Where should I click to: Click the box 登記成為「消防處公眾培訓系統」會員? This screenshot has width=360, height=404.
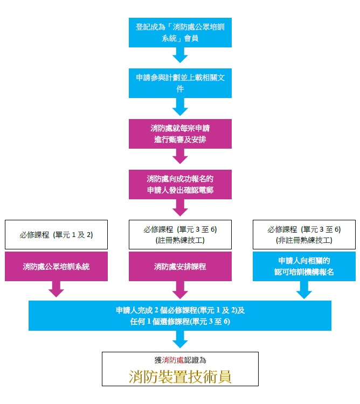(180, 32)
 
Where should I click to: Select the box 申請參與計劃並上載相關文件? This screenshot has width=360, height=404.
(180, 82)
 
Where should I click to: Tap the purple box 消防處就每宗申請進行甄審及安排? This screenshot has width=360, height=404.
(180, 134)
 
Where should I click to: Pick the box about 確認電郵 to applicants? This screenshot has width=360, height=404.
(180, 184)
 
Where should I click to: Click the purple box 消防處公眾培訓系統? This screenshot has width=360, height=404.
(56, 266)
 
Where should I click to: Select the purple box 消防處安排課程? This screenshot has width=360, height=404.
(180, 266)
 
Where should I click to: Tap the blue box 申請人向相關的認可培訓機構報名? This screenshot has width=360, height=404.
(304, 266)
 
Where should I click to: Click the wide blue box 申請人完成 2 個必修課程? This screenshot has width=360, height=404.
(180, 315)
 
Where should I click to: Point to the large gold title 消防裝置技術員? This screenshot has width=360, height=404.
(180, 376)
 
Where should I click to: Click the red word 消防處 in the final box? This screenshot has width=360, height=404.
(175, 359)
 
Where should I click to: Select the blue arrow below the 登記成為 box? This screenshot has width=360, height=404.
(180, 55)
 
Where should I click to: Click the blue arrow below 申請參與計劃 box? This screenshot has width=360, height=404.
(180, 107)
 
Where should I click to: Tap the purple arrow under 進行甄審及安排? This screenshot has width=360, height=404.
(180, 157)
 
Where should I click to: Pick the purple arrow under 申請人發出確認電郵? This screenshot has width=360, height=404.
(180, 207)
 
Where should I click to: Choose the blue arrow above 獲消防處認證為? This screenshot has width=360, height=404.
(180, 339)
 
